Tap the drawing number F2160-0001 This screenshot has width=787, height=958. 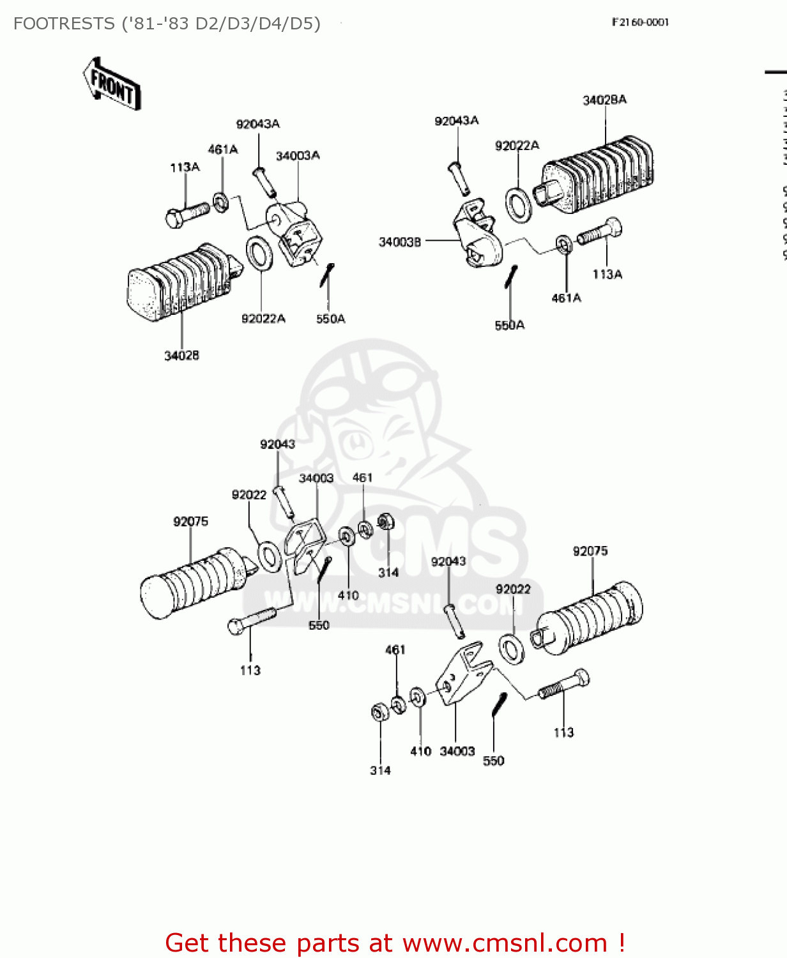[x=640, y=22]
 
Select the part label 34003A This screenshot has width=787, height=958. [x=298, y=156]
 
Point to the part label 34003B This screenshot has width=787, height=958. [x=400, y=242]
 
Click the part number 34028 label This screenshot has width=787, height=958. [x=181, y=356]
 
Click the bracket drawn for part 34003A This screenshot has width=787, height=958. [x=296, y=233]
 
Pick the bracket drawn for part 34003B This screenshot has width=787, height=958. [x=477, y=236]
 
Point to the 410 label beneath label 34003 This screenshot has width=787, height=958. [x=348, y=595]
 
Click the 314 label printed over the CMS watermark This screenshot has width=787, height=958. [x=388, y=573]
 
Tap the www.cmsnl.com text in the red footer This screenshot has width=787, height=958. [x=505, y=943]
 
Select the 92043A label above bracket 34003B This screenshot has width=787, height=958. [x=456, y=121]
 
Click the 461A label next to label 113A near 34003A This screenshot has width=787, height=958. [x=223, y=149]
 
